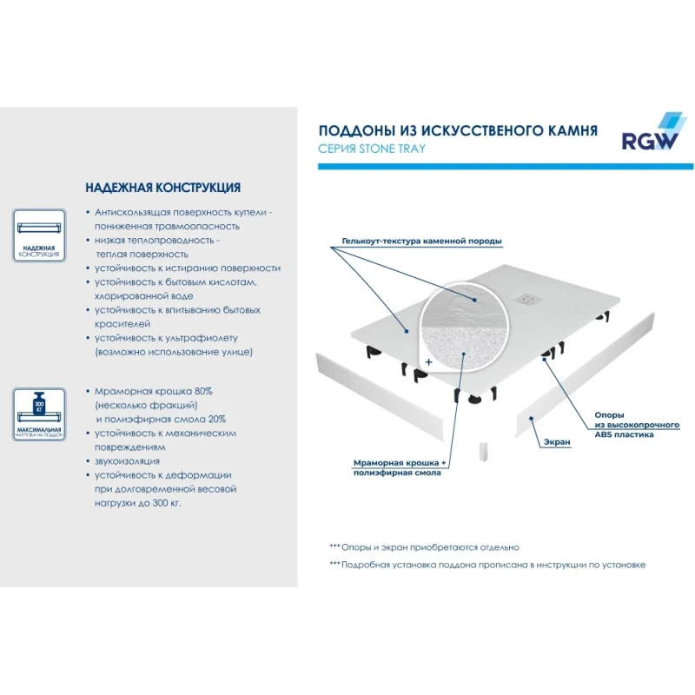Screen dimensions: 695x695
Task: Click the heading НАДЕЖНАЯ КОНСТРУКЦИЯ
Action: coord(163,188)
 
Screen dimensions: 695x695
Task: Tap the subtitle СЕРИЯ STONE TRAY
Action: coord(372,149)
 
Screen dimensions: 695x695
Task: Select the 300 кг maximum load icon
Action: coord(39,414)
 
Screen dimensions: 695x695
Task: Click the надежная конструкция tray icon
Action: coord(39,235)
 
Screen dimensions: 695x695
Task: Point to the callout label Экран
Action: coord(557,442)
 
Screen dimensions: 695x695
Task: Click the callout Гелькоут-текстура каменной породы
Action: coord(421,242)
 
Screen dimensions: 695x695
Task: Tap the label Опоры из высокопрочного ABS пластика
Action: coord(637,425)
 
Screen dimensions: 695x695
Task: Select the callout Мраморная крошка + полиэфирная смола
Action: coord(400,467)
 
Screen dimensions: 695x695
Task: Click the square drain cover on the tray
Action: coord(526,299)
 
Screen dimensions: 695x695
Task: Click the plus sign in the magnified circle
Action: coord(428,362)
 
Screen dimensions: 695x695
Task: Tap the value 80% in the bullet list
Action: coord(203,391)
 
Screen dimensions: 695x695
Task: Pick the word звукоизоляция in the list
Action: coord(127,461)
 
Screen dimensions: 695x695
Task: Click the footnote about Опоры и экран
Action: coord(424,547)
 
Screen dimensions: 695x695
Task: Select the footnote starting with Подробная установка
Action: coord(487,565)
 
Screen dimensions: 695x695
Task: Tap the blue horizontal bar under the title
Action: coord(506,167)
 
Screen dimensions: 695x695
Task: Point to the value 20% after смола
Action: coord(217,419)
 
